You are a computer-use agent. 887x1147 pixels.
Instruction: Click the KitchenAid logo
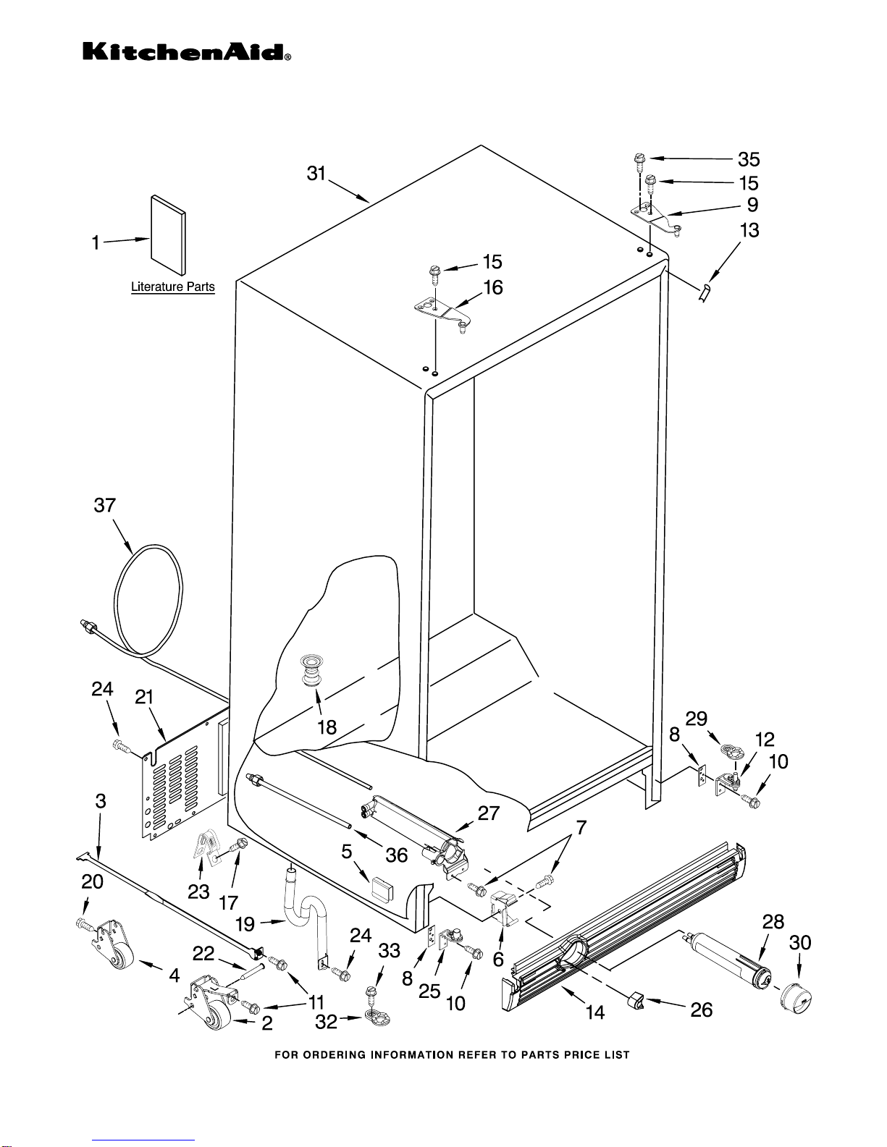point(186,52)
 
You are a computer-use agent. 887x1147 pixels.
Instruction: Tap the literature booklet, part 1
point(169,235)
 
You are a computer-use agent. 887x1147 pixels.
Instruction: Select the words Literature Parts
point(172,287)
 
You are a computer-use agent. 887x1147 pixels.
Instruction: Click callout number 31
point(316,174)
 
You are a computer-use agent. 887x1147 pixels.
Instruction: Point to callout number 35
point(749,159)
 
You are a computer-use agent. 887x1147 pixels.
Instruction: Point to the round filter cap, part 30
point(796,999)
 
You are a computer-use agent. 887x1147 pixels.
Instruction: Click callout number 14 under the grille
point(594,1012)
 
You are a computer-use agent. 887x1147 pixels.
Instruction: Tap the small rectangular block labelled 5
point(382,889)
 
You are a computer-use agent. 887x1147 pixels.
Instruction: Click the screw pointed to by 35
point(639,161)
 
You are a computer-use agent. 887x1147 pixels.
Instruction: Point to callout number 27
point(488,813)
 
